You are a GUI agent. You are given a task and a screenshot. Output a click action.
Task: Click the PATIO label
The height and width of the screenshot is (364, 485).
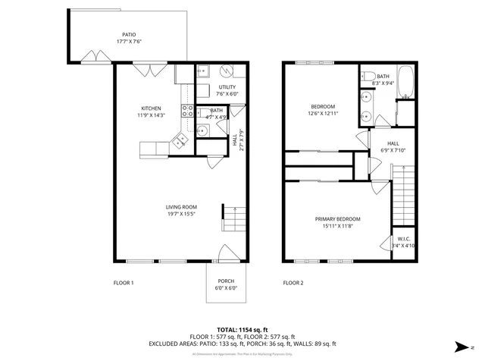(130, 34)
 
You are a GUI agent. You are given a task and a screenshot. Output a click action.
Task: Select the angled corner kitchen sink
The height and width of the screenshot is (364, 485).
(180, 140)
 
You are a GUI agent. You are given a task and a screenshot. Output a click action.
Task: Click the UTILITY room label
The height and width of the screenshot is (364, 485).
(227, 87)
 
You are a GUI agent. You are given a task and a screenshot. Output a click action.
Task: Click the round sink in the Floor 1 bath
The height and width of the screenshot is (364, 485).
(202, 131)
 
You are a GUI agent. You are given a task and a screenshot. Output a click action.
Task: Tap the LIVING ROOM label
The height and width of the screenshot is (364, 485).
(181, 207)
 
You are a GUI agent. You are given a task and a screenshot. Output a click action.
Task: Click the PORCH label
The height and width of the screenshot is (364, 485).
(227, 281)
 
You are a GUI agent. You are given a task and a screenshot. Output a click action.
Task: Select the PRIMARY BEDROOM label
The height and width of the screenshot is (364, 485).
(337, 219)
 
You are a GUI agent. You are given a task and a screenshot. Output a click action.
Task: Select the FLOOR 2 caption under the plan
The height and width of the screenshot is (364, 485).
(293, 283)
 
